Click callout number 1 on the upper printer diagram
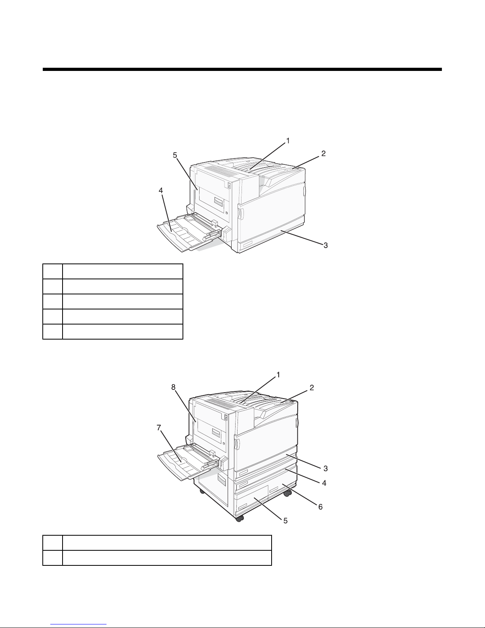287,141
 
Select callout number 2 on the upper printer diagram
323,153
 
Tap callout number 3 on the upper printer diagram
325,245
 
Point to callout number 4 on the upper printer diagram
161,191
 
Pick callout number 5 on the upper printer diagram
175,155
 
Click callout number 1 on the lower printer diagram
278,375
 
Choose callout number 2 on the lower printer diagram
312,387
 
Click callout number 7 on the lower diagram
159,428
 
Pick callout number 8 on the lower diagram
173,387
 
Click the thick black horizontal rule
242,69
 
